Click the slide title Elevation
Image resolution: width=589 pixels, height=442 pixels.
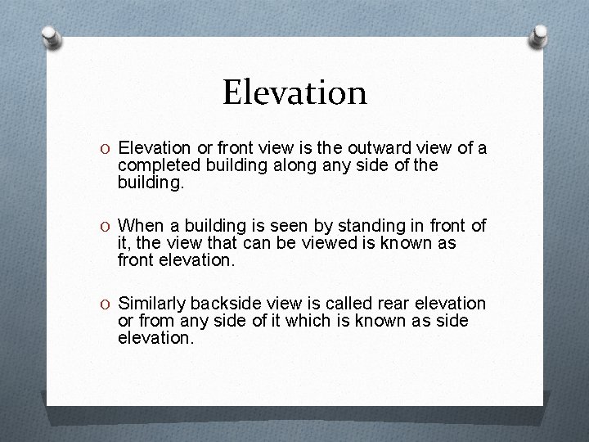tap(294, 92)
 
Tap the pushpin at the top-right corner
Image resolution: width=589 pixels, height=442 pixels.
tap(539, 34)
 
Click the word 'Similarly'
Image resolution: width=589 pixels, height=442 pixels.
tap(152, 304)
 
